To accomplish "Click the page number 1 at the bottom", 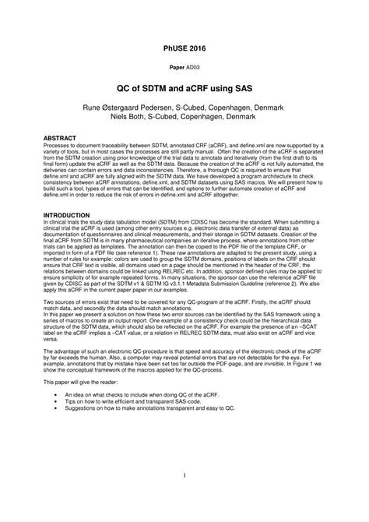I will click(184, 496).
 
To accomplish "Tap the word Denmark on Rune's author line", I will click(281, 106).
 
